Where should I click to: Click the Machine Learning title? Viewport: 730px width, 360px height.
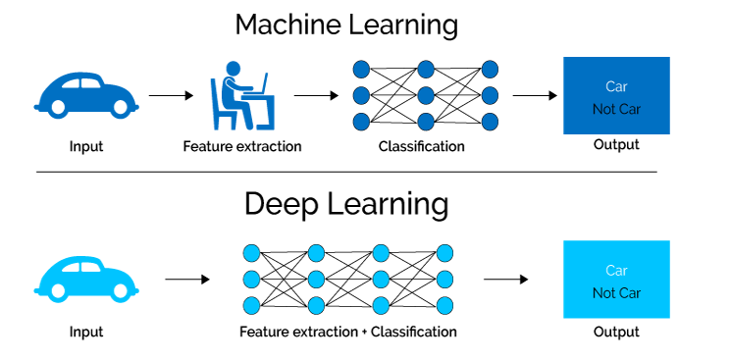[x=346, y=26]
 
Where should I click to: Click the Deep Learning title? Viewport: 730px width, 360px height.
[x=346, y=204]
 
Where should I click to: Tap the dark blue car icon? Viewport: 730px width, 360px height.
[x=86, y=94]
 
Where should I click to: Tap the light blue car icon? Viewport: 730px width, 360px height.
[x=86, y=279]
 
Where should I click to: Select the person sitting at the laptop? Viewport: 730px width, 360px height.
[x=242, y=95]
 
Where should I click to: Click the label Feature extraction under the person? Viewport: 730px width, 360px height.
[x=242, y=146]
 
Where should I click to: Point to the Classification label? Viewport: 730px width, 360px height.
[x=421, y=146]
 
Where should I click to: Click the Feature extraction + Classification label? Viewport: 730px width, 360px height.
[x=347, y=332]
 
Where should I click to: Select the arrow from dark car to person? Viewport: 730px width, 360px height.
[x=171, y=95]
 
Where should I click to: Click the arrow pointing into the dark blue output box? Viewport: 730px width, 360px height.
[x=535, y=95]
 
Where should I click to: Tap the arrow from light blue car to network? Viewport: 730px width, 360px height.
[x=187, y=279]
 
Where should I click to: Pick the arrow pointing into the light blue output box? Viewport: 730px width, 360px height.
[x=506, y=279]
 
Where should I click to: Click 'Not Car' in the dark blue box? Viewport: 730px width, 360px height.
[x=616, y=110]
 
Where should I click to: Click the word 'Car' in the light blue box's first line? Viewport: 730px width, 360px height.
[x=616, y=270]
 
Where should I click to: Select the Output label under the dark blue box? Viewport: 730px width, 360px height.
[x=616, y=144]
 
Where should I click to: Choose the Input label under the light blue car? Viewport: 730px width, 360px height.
[x=86, y=332]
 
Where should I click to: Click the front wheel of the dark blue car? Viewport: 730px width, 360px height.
[x=121, y=108]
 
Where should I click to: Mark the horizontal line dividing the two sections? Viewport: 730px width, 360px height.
[x=346, y=172]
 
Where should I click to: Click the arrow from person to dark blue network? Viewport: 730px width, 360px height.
[x=316, y=95]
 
